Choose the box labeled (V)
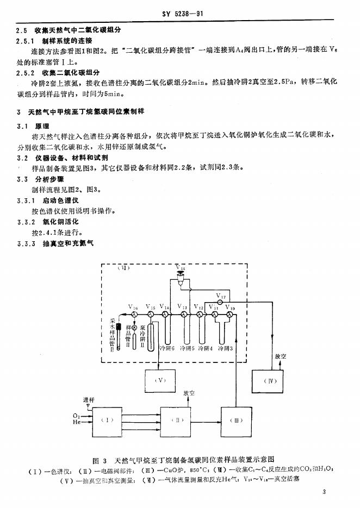[161, 381]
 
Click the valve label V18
[181, 268]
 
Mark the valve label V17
[220, 297]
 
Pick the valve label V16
[134, 308]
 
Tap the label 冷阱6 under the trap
[166, 347]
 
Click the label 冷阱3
[225, 347]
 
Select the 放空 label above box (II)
[189, 393]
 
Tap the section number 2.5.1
[25, 40]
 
